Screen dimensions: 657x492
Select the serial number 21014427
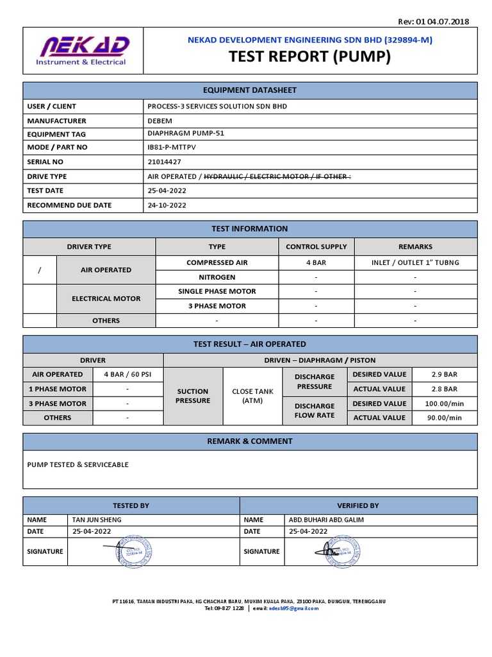pyautogui.click(x=164, y=162)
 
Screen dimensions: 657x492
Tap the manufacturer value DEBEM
pyautogui.click(x=159, y=120)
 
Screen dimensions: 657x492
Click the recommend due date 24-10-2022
pyautogui.click(x=167, y=205)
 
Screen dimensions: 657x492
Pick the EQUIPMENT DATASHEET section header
pyautogui.click(x=250, y=90)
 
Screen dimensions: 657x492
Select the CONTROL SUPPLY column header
pyautogui.click(x=316, y=246)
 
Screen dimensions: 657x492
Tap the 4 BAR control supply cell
pyautogui.click(x=316, y=262)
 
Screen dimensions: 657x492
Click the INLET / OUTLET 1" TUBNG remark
pyautogui.click(x=415, y=262)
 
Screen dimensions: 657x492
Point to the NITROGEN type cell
pyautogui.click(x=217, y=277)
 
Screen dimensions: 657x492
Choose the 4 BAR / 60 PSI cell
pyautogui.click(x=127, y=374)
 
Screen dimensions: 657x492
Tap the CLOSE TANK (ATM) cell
pyautogui.click(x=252, y=396)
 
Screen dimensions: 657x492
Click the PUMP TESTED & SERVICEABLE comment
pyautogui.click(x=78, y=464)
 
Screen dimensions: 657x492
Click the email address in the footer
pyautogui.click(x=293, y=608)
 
